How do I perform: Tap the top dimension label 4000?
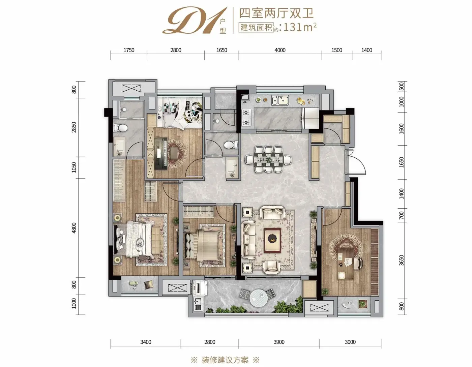click(280, 50)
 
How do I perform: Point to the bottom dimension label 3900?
click(279, 342)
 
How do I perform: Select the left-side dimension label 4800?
click(74, 228)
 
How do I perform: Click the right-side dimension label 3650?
click(402, 260)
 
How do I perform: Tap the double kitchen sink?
click(280, 100)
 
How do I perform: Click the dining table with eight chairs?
click(268, 160)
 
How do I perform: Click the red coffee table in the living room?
click(273, 241)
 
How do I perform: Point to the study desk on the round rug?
click(346, 264)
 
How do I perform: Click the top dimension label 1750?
click(129, 50)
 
